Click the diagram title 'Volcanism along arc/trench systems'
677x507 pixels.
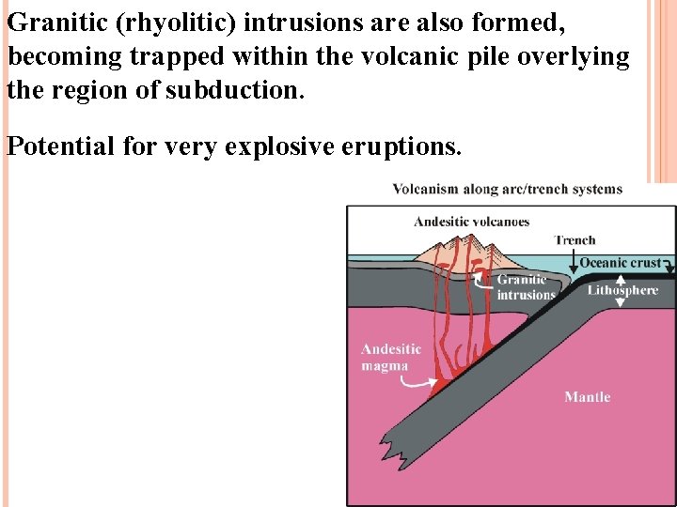tap(508, 190)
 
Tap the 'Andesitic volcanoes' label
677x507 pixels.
tap(472, 223)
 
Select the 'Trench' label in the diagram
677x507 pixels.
tap(575, 240)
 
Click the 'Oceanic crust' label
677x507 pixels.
tap(620, 263)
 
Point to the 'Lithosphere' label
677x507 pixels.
tap(622, 290)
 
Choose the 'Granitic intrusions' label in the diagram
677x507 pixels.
tap(526, 287)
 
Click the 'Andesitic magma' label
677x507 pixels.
tap(391, 357)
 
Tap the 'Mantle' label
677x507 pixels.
tap(588, 397)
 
